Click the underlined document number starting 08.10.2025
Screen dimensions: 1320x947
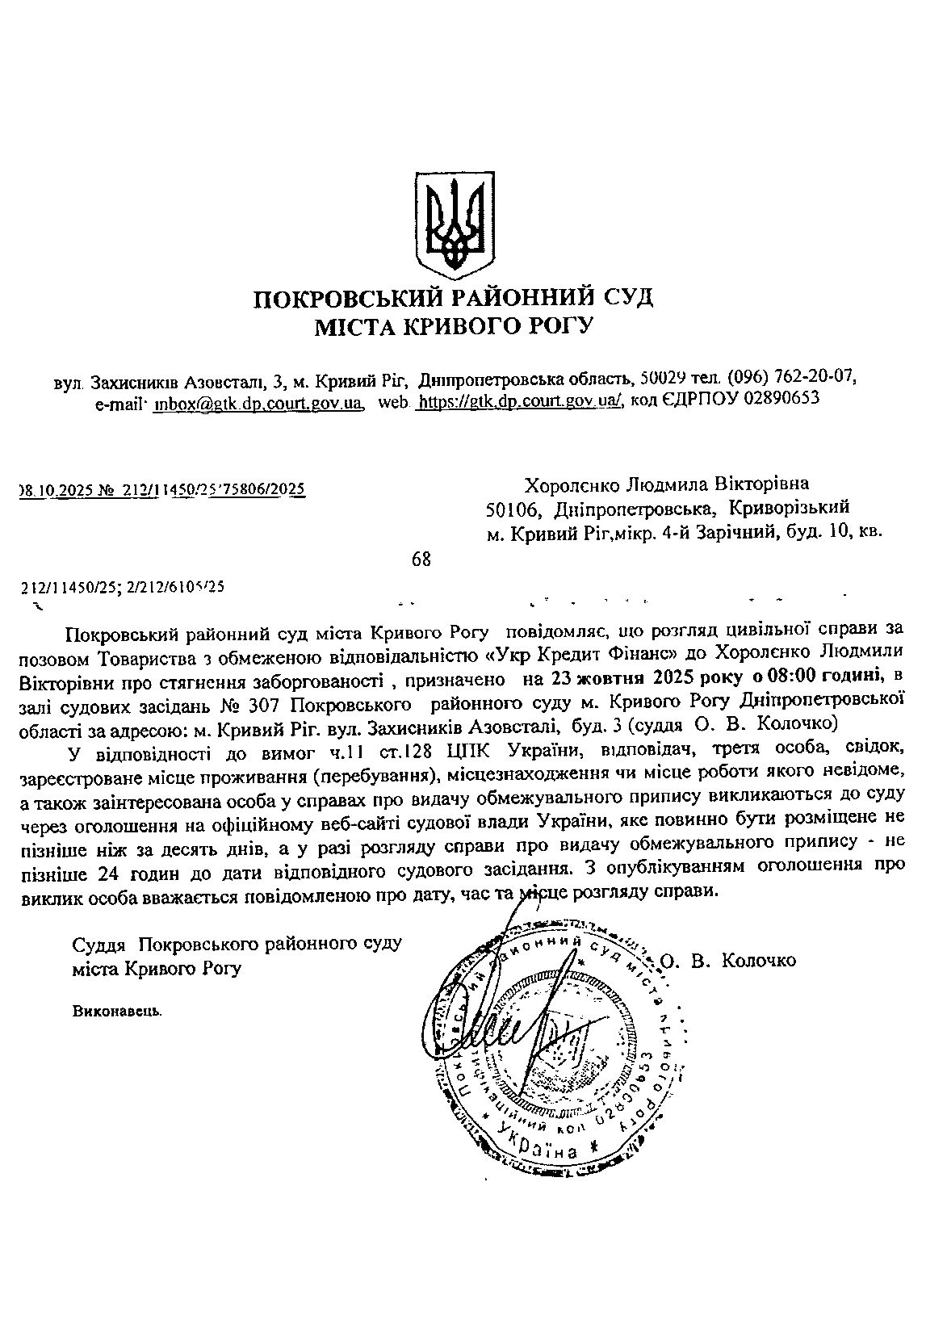161,489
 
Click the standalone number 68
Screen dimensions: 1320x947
421,559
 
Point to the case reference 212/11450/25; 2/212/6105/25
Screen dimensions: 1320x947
122,589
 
